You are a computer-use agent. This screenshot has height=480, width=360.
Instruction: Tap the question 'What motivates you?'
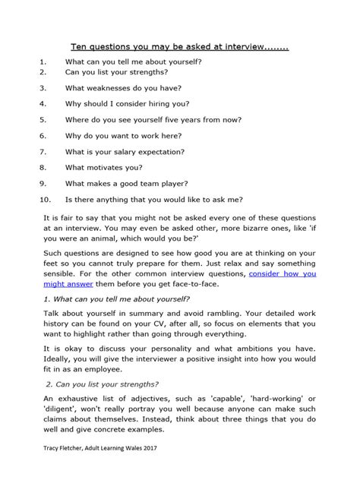tap(103, 167)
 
